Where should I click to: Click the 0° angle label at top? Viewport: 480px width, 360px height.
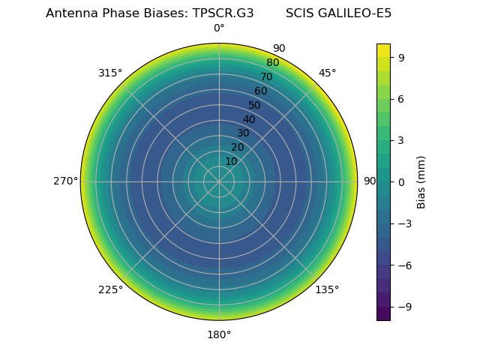pyautogui.click(x=219, y=28)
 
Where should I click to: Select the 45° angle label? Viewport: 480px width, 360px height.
pyautogui.click(x=327, y=73)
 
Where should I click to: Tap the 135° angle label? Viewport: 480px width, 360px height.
pyautogui.click(x=327, y=289)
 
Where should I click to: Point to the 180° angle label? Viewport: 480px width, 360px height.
pyautogui.click(x=219, y=334)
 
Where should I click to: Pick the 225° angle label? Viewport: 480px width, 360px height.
pyautogui.click(x=110, y=289)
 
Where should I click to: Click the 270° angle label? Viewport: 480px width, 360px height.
pyautogui.click(x=65, y=181)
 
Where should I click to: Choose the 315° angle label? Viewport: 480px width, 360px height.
pyautogui.click(x=110, y=73)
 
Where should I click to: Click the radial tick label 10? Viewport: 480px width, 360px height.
pyautogui.click(x=231, y=161)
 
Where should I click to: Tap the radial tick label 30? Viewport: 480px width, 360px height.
pyautogui.click(x=243, y=133)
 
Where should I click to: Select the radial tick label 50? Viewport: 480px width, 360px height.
pyautogui.click(x=255, y=105)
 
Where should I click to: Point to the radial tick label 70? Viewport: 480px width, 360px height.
pyautogui.click(x=266, y=76)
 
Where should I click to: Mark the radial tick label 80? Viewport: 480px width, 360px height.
pyautogui.click(x=272, y=63)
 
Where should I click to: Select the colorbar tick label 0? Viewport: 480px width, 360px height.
pyautogui.click(x=401, y=181)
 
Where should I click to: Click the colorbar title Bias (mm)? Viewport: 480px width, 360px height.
pyautogui.click(x=421, y=181)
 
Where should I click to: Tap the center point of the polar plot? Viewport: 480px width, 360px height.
pyautogui.click(x=219, y=181)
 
